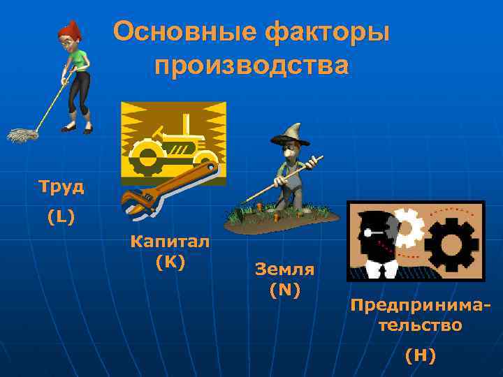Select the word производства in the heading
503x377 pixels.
tap(251, 66)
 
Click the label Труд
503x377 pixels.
tap(61, 186)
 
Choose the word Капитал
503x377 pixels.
tap(170, 242)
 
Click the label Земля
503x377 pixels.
tap(285, 269)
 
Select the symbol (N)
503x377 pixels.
tap(285, 289)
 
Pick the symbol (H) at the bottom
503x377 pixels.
tap(421, 355)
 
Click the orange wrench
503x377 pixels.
tap(168, 186)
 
